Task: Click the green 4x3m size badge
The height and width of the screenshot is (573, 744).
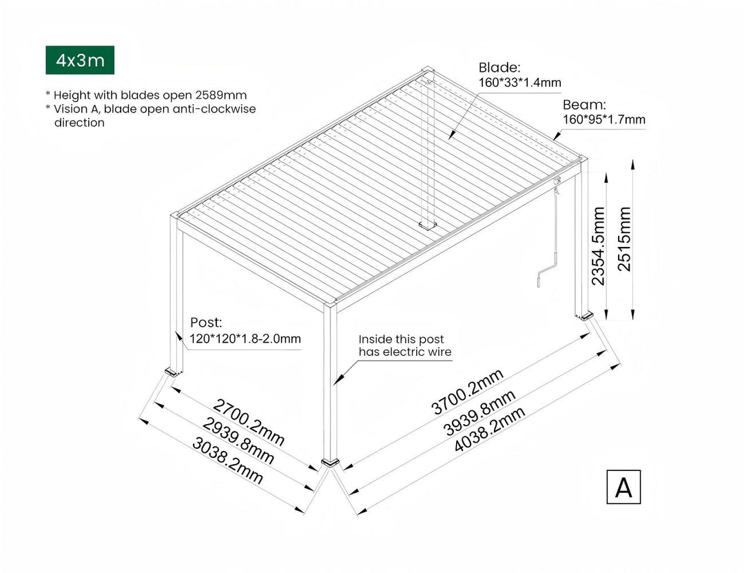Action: click(80, 61)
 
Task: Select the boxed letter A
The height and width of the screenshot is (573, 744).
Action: click(623, 487)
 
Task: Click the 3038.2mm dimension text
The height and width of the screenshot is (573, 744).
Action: click(227, 461)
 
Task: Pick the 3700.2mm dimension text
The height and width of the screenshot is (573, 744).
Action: click(468, 390)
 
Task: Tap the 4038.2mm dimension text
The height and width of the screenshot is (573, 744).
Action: click(490, 430)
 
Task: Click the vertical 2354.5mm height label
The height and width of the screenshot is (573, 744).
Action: click(598, 246)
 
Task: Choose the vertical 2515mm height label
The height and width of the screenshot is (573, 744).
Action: click(624, 239)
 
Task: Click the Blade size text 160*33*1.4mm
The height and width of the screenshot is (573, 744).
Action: click(519, 83)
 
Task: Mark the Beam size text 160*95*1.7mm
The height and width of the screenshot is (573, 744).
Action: click(604, 120)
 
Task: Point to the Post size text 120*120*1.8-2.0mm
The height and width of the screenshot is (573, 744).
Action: click(246, 339)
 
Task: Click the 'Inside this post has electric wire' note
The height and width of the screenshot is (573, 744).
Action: click(404, 345)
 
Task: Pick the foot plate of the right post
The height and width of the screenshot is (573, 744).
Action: click(586, 316)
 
